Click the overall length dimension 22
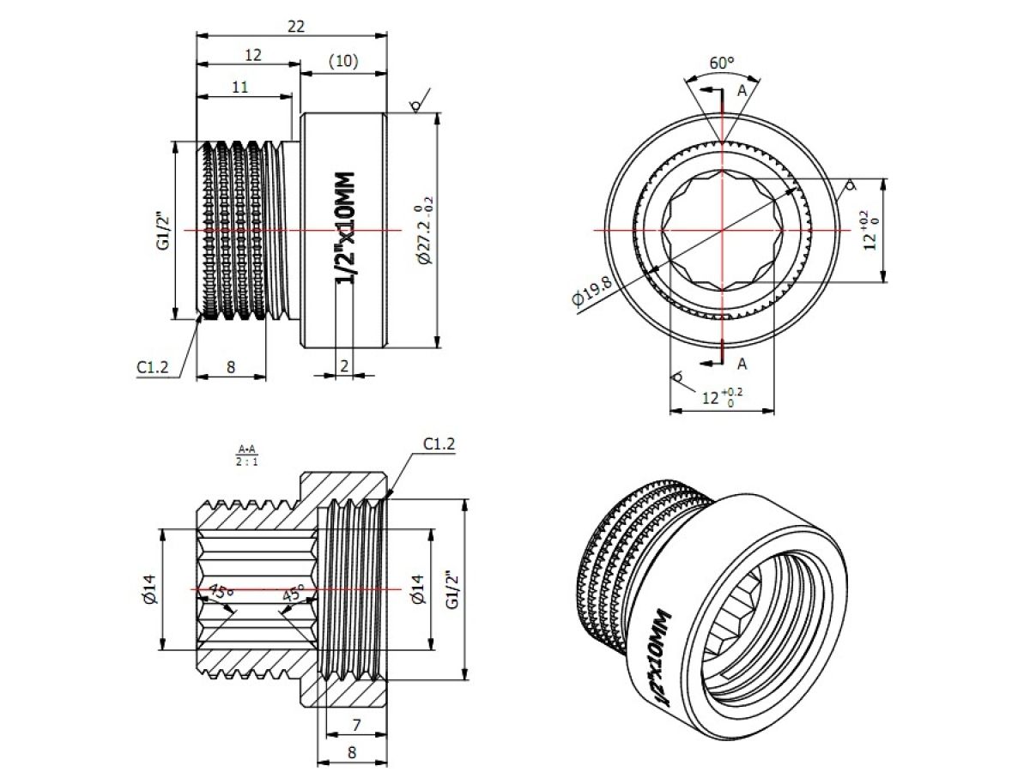coord(295,27)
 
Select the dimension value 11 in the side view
coord(239,87)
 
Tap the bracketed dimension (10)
coord(342,62)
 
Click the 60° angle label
coord(722,63)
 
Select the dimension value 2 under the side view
coord(344,365)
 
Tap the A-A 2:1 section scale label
coord(247,455)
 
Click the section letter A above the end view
coord(742,91)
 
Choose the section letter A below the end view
coord(742,364)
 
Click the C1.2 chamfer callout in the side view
coord(153,367)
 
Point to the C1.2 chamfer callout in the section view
coord(439,444)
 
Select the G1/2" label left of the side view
coord(162,231)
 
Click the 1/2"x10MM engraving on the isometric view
coord(663,659)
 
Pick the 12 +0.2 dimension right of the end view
coord(869,231)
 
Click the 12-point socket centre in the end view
coord(722,231)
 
